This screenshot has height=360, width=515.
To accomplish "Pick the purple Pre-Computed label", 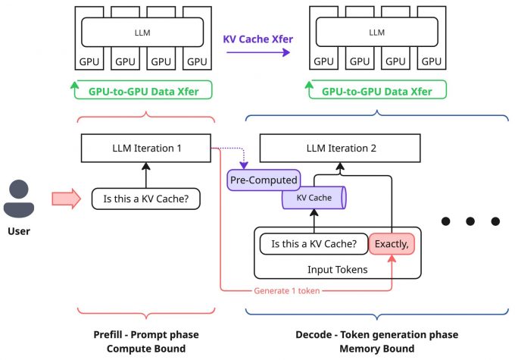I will tap(263, 180).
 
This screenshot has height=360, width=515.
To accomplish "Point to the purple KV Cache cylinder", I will tap(313, 199).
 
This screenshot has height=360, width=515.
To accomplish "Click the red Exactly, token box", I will tap(391, 245).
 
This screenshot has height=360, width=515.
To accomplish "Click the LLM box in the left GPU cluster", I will tap(144, 33).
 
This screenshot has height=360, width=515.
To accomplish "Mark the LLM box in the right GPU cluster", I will tap(376, 33).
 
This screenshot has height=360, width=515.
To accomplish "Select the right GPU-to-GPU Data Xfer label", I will tap(376, 92).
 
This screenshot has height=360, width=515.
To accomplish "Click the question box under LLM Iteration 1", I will tap(145, 199).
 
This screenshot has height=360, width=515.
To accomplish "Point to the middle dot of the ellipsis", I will tap(470, 221).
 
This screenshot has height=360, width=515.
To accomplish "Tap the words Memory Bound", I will tap(376, 349).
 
